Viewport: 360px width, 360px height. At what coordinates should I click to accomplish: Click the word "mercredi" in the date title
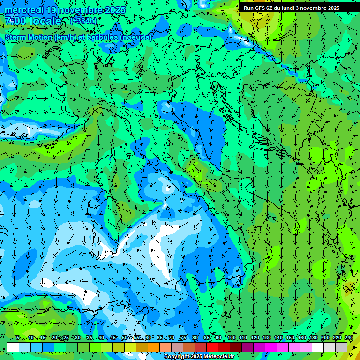tap(23, 10)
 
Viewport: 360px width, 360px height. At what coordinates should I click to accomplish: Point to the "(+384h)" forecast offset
tap(84, 22)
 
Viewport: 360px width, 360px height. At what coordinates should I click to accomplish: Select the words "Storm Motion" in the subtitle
tap(29, 37)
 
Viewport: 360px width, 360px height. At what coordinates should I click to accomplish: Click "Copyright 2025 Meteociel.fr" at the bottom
tap(199, 357)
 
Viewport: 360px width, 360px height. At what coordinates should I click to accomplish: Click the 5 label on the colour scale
tap(18, 338)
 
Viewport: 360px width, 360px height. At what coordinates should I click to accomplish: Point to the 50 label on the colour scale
tap(124, 338)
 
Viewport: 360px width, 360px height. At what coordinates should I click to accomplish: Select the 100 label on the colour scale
tap(232, 338)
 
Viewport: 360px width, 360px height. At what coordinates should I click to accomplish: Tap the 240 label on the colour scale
tap(348, 338)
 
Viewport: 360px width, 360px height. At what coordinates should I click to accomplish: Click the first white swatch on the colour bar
tap(13, 346)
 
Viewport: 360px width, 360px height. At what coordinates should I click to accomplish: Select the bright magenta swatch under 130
tap(271, 346)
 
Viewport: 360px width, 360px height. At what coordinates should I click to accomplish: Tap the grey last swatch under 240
tap(341, 346)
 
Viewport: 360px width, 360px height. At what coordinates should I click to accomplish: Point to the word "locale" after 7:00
tap(46, 22)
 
